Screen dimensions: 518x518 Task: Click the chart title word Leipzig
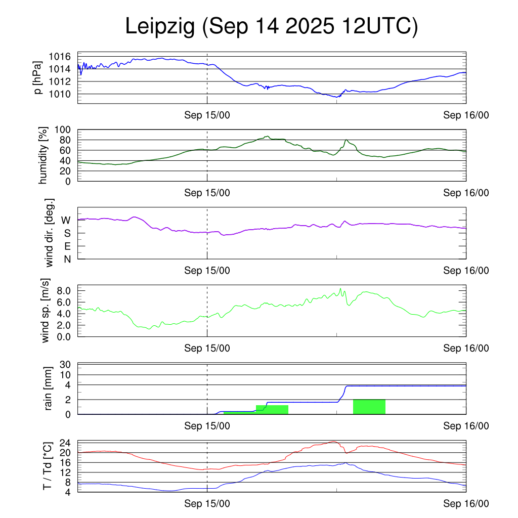[x=160, y=28]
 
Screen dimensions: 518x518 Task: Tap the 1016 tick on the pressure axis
[x=63, y=57]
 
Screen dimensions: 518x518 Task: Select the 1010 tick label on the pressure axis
[x=63, y=94]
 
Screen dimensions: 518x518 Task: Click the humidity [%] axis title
[x=43, y=155]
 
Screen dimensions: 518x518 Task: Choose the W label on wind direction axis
[x=66, y=221]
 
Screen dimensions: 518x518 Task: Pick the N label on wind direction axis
[x=67, y=259]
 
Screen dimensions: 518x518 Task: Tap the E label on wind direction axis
[x=67, y=246]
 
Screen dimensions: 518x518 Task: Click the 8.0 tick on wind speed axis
[x=65, y=291]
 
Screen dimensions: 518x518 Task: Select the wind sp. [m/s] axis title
[x=46, y=311]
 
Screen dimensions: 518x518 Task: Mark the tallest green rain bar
[x=369, y=407]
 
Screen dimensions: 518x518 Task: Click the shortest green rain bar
[x=240, y=413]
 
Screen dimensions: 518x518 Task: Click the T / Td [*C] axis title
[x=47, y=465]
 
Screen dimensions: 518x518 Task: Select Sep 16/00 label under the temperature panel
[x=466, y=503]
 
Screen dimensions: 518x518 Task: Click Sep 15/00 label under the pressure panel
[x=207, y=115]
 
